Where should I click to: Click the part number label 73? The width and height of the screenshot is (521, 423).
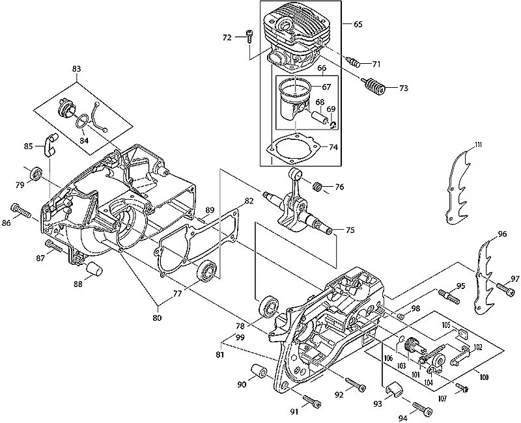tap(404, 89)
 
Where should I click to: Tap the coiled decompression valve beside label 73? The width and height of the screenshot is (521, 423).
tap(373, 87)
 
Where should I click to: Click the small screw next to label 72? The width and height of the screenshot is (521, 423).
tap(249, 36)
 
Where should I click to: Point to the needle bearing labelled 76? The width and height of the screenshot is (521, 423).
tap(317, 186)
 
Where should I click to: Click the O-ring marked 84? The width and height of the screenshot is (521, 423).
tap(82, 121)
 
